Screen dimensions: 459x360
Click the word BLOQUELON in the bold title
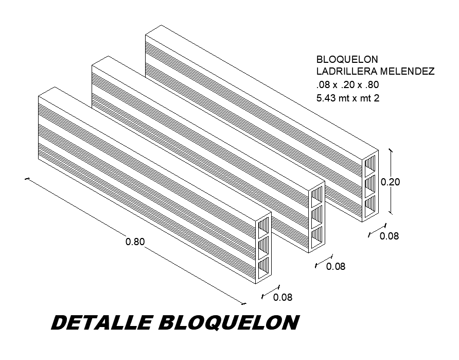pyautogui.click(x=229, y=323)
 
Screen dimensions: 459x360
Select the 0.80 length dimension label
pyautogui.click(x=135, y=241)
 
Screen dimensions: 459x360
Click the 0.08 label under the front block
pyautogui.click(x=283, y=297)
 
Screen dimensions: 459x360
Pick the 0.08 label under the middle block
pyautogui.click(x=336, y=267)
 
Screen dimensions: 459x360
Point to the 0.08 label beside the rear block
pyautogui.click(x=389, y=236)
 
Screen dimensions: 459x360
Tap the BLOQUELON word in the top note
pyautogui.click(x=341, y=59)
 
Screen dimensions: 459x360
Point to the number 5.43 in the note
pyautogui.click(x=327, y=98)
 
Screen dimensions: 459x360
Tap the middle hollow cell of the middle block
pyautogui.click(x=317, y=216)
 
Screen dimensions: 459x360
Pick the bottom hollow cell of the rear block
pyautogui.click(x=370, y=205)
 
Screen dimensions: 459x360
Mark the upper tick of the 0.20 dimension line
pyautogui.click(x=391, y=150)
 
